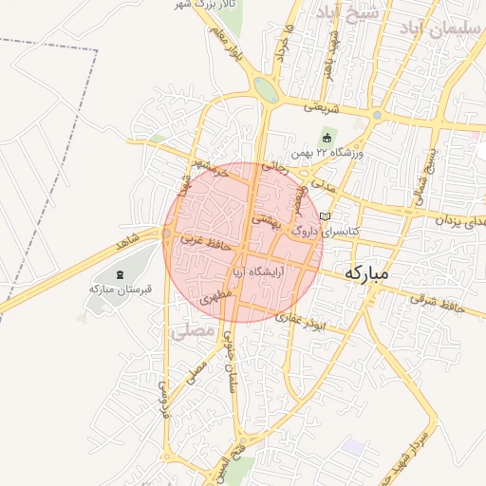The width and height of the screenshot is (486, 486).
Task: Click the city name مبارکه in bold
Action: (x=370, y=272)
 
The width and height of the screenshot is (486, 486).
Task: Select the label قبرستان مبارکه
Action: (x=115, y=288)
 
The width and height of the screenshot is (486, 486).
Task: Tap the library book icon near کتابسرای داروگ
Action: (x=326, y=216)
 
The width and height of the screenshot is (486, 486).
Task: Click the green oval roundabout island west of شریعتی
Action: (x=266, y=90)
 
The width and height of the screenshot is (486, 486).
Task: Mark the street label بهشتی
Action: (x=265, y=219)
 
